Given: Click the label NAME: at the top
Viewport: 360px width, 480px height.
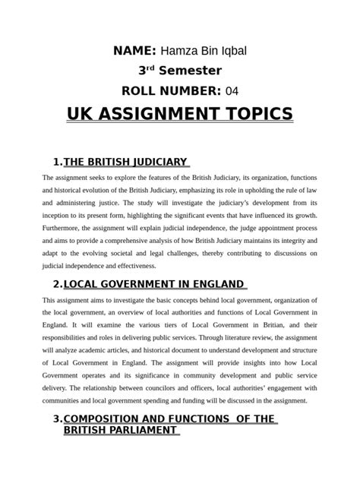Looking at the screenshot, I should pos(134,50).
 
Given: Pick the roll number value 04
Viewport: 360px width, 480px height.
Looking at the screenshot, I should pos(232,91).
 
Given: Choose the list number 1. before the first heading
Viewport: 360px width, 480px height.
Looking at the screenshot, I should pos(58,162).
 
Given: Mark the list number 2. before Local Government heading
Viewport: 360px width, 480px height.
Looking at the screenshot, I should pos(58,284).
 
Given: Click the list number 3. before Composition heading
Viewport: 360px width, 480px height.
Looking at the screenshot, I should pos(58,419).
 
